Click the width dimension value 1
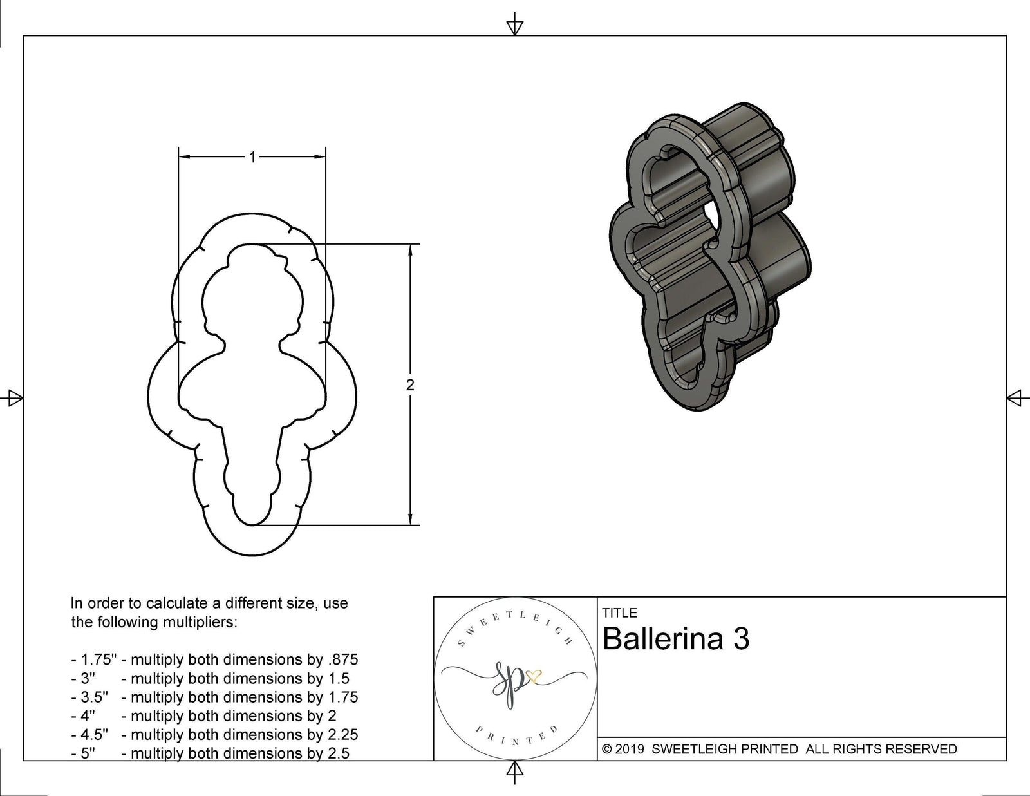coord(252,157)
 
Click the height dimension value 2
coord(410,385)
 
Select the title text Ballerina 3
coord(676,640)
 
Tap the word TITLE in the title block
coord(619,613)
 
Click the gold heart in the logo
coord(534,676)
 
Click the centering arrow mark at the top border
coord(514,26)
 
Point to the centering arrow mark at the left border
coord(14,398)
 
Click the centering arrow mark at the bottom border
coord(514,770)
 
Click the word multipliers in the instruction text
coord(201,622)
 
